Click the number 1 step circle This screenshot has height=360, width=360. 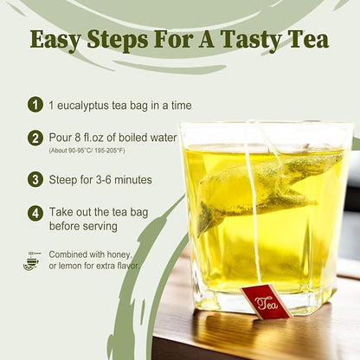35,104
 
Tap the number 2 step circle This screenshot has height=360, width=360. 35,138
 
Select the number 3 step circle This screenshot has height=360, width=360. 35,179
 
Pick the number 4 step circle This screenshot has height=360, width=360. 35,213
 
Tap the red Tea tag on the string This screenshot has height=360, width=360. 266,301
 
